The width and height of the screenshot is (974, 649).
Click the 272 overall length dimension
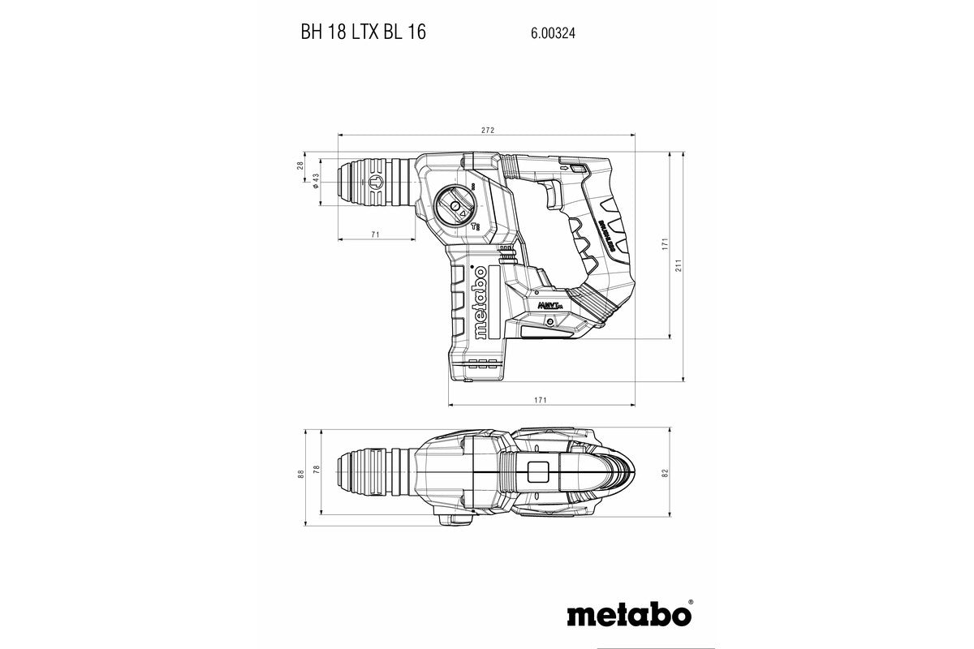pyautogui.click(x=487, y=130)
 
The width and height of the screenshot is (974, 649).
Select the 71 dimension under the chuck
pyautogui.click(x=375, y=234)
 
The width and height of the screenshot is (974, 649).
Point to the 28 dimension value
pyautogui.click(x=300, y=165)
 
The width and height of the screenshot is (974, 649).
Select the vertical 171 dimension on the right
pyautogui.click(x=664, y=243)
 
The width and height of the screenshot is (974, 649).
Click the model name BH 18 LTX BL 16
pyautogui.click(x=363, y=33)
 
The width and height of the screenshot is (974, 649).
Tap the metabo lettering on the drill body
pyautogui.click(x=481, y=302)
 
